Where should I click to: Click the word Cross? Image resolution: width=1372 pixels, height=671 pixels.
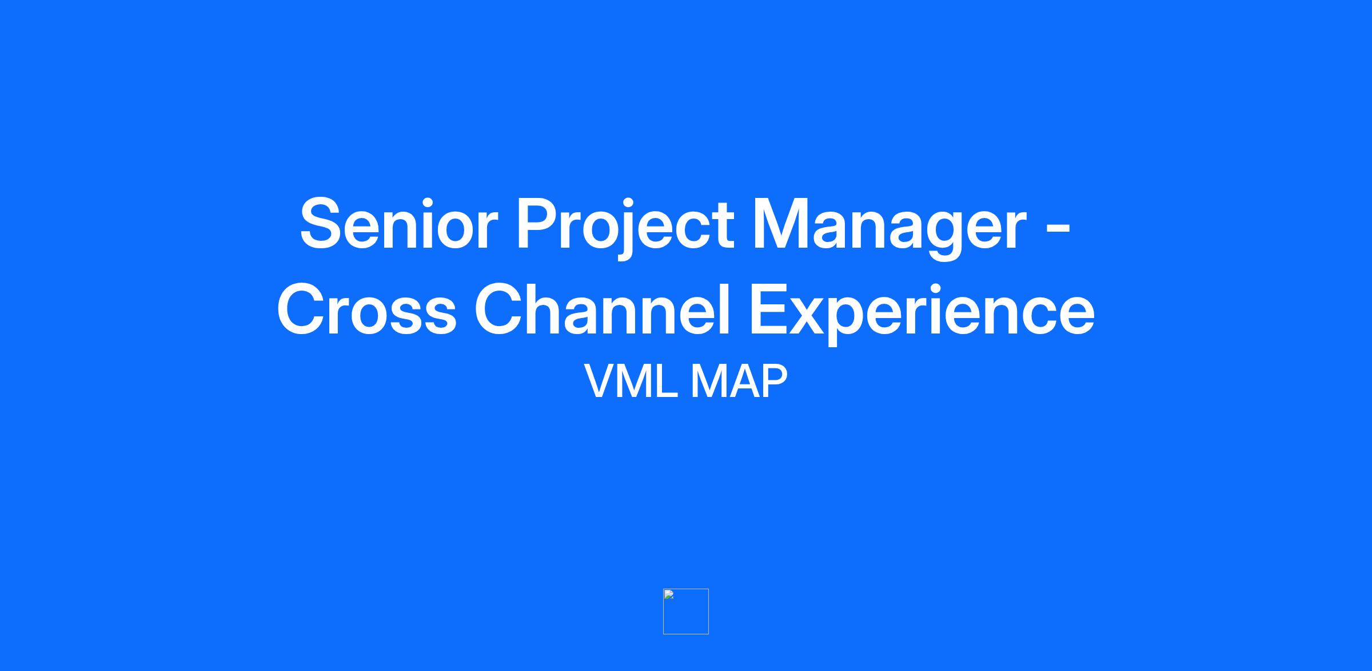[366, 309]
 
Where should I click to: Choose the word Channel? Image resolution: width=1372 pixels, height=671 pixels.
[603, 309]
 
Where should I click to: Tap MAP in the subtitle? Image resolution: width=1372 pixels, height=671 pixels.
[740, 382]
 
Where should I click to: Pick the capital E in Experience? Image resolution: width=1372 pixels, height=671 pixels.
[770, 309]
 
